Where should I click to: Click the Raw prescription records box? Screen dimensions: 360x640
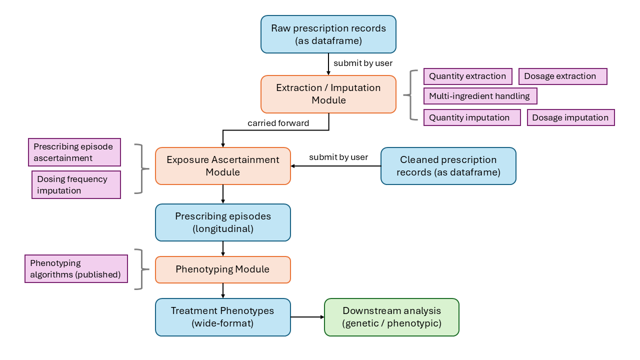[x=328, y=34]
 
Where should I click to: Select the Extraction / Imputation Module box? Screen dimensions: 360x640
[x=328, y=94]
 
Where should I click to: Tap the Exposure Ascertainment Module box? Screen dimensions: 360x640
[x=223, y=166]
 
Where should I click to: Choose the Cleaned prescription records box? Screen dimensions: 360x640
[x=448, y=166]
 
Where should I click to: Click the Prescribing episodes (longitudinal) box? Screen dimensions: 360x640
[x=223, y=222]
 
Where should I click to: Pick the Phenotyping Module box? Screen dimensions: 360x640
[x=223, y=269]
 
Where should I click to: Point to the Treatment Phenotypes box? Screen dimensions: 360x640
[x=223, y=317]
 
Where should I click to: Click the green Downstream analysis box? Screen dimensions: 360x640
[x=391, y=317]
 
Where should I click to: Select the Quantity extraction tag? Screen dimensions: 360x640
[x=467, y=76]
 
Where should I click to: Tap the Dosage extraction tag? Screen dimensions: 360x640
[x=562, y=76]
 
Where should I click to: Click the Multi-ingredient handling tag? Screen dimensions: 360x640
[x=480, y=96]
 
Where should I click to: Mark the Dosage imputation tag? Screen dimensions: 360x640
[x=570, y=117]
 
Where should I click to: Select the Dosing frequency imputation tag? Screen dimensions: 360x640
[x=76, y=185]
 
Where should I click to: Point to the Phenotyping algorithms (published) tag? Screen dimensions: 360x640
[x=76, y=269]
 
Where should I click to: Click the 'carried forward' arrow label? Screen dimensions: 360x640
[x=278, y=123]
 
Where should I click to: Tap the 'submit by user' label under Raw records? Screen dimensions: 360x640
[x=363, y=63]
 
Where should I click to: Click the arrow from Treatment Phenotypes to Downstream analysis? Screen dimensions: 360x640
[x=307, y=317]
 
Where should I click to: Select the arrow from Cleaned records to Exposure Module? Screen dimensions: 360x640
[x=335, y=166]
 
